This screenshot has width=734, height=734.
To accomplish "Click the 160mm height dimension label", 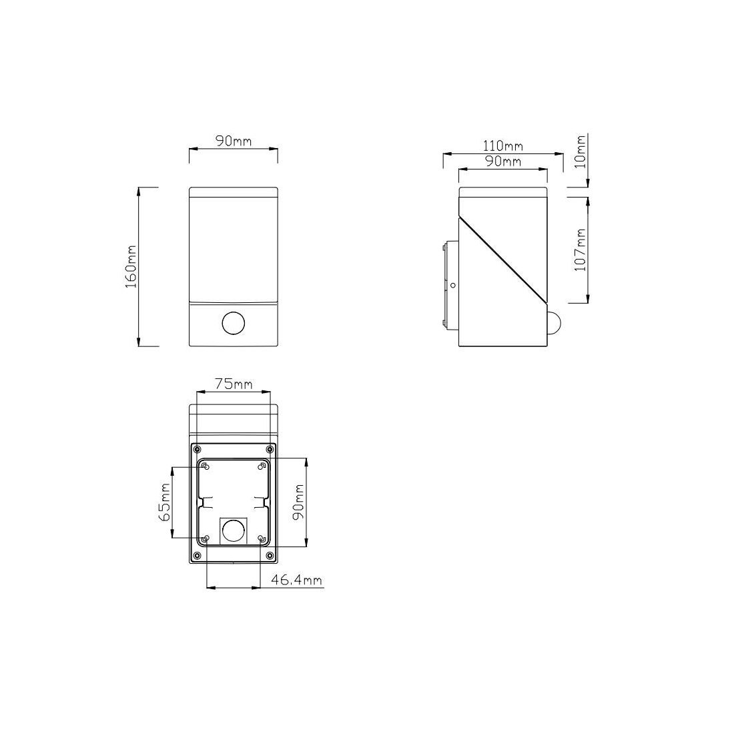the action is (131, 266).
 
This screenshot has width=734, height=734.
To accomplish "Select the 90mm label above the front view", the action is (233, 141).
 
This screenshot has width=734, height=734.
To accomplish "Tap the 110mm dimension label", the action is (502, 146).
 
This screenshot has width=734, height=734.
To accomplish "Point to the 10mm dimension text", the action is (581, 151).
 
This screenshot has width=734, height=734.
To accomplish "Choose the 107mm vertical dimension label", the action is (581, 250).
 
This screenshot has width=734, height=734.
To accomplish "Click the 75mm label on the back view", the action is (234, 384).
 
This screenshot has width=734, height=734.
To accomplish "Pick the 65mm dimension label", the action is (164, 502).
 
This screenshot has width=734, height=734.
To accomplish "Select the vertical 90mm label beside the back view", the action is (298, 502).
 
